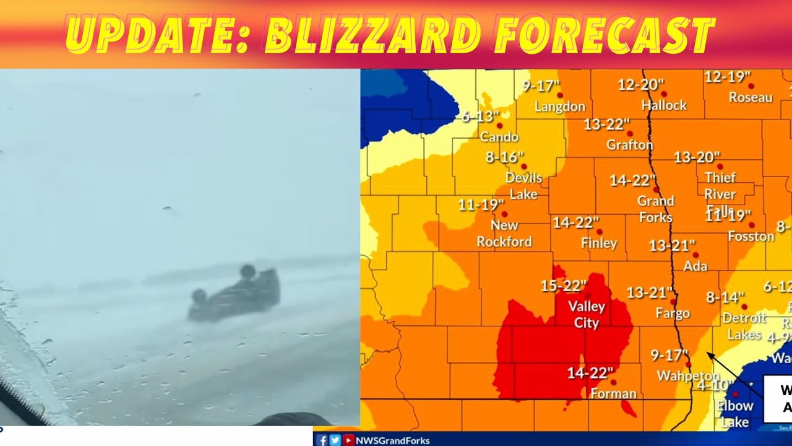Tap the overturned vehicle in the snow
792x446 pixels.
[235, 294]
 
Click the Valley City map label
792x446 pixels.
[587, 315]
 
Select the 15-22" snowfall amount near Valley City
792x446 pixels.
[563, 286]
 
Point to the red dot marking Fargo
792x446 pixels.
[673, 302]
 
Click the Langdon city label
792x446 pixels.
[559, 107]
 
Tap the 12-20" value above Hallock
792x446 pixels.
[641, 85]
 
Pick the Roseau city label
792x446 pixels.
[750, 97]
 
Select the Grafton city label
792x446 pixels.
[629, 145]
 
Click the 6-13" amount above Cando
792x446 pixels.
[480, 116]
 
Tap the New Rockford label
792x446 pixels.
[504, 234]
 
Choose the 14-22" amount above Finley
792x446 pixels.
[575, 222]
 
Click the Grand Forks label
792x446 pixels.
[655, 209]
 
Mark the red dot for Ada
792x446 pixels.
[695, 255]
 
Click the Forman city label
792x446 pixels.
[613, 394]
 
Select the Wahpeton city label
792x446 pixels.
[688, 376]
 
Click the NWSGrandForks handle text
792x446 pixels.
[392, 440]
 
